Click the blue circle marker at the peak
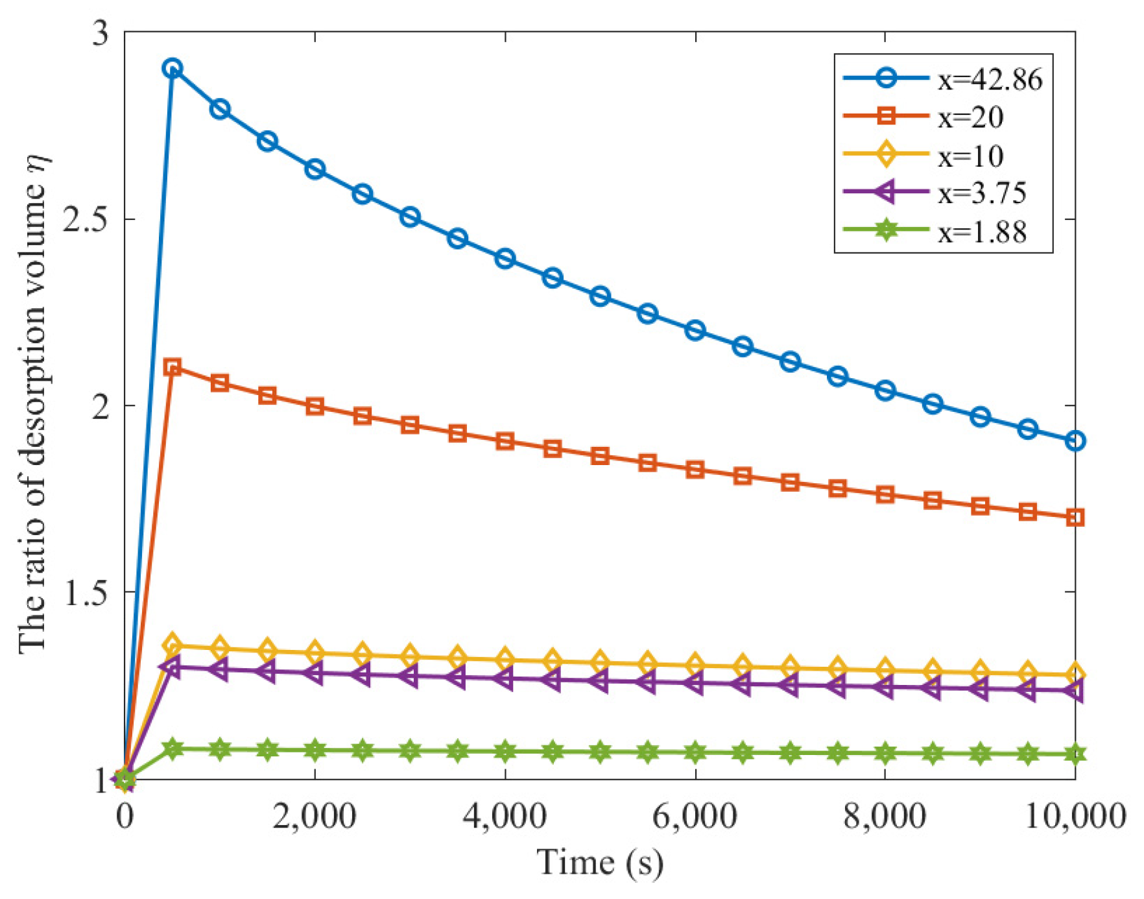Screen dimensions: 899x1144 (x=172, y=68)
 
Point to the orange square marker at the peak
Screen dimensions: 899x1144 (x=172, y=367)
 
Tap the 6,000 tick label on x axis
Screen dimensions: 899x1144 (x=695, y=817)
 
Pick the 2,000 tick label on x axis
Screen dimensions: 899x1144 (x=315, y=817)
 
